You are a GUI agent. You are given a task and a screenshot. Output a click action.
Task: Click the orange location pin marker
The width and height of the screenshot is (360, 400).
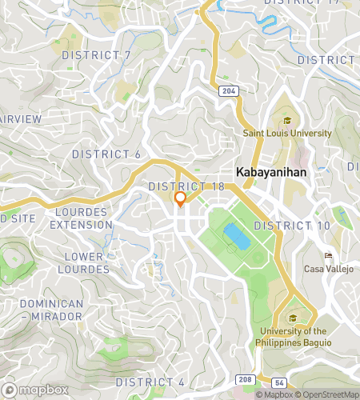(180, 198)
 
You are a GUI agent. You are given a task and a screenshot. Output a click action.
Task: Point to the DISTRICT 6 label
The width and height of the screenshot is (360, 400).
(106, 154)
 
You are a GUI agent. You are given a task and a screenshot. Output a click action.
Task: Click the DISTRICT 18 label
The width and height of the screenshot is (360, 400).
(186, 186)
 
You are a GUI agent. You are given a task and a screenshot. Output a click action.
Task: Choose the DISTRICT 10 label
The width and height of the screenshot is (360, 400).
(292, 226)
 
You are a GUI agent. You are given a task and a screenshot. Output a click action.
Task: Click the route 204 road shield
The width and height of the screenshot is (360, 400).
(229, 92)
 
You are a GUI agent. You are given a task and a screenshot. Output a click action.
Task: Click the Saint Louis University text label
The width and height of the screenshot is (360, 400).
(287, 134)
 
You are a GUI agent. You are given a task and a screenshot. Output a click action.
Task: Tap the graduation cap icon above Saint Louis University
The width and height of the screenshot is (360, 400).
(287, 121)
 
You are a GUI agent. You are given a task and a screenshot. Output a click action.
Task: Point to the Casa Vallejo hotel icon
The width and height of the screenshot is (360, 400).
(328, 255)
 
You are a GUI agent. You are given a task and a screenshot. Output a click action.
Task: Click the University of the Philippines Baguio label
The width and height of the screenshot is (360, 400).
(293, 336)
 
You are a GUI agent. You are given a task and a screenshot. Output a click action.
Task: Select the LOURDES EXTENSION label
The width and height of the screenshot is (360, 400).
(82, 218)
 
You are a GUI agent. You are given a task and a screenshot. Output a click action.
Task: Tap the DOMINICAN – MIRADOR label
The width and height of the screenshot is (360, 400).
(51, 310)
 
